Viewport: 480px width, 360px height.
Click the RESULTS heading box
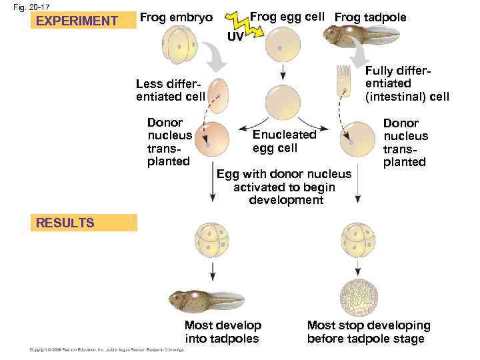(85, 223)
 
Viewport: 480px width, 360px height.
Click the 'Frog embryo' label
(177, 17)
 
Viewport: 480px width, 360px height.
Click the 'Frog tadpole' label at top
(370, 17)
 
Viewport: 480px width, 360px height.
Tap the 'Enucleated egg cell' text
(284, 141)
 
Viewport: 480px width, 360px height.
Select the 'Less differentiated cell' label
(170, 90)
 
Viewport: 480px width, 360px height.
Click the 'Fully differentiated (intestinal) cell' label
(407, 84)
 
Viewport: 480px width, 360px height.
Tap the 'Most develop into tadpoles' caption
(223, 332)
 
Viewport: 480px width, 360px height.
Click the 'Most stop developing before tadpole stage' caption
(368, 332)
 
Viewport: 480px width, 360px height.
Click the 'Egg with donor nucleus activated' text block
(284, 187)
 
